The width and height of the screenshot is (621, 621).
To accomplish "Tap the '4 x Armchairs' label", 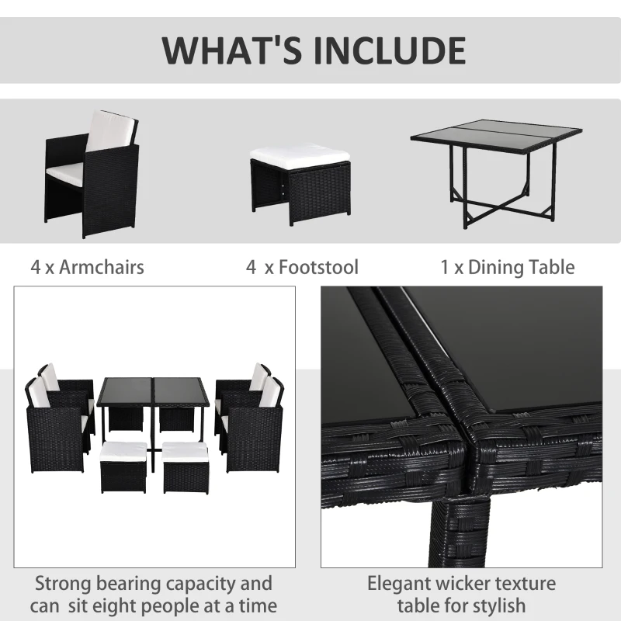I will point(88,267).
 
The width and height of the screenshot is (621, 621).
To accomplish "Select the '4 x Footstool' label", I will point(303,267).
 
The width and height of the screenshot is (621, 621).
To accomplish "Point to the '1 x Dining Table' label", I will point(508,267).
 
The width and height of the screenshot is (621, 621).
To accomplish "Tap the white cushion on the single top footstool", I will point(300,156).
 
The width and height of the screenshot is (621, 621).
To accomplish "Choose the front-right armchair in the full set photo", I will point(254,427).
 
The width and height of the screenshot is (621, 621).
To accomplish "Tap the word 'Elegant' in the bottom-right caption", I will point(407,583).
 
